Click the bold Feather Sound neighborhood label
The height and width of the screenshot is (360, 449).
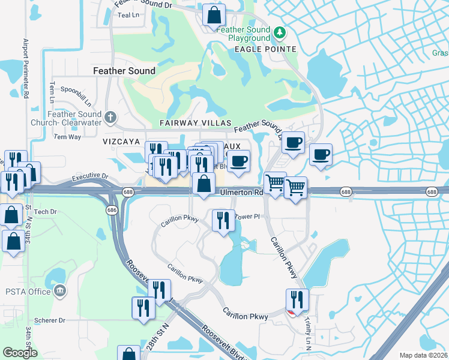(124, 71)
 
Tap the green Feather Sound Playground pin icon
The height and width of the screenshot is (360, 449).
(279, 31)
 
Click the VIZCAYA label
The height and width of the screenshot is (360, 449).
(121, 142)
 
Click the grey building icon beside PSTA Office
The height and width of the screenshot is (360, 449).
(59, 292)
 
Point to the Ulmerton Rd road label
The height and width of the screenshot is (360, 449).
(241, 193)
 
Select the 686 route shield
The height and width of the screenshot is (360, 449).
(112, 210)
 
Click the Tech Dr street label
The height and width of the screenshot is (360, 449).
(45, 212)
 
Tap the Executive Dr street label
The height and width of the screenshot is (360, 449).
(89, 178)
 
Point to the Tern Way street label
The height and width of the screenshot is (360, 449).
(67, 137)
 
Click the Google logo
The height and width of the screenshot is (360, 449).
(20, 353)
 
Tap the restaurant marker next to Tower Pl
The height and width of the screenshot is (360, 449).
(221, 220)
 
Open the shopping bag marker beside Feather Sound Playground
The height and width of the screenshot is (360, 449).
(214, 14)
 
